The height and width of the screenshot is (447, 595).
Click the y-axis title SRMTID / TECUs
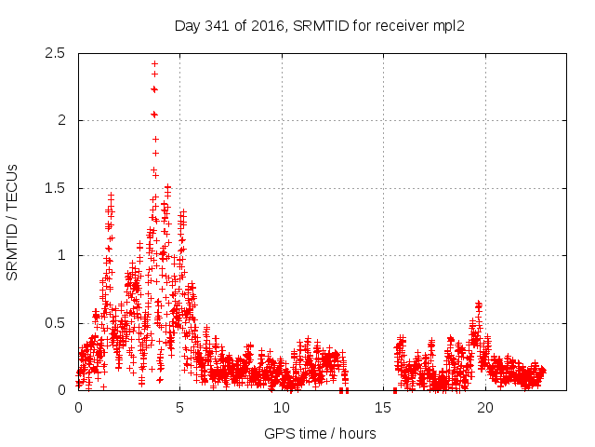click(x=12, y=222)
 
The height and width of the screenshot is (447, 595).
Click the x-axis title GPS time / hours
click(x=320, y=433)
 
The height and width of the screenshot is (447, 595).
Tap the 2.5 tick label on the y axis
click(x=56, y=53)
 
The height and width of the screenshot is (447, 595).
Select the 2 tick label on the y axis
click(x=61, y=120)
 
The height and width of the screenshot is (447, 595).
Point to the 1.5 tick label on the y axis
click(x=56, y=188)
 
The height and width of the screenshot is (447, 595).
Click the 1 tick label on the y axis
click(x=61, y=255)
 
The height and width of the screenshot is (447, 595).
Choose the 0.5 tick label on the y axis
click(x=56, y=323)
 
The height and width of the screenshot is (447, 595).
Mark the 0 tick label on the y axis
click(x=61, y=390)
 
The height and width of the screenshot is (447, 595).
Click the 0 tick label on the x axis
click(x=78, y=408)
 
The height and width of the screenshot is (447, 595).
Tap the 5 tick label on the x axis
click(x=180, y=408)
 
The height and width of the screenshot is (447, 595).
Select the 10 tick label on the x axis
click(x=282, y=408)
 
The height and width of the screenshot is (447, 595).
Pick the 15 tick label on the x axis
click(x=384, y=408)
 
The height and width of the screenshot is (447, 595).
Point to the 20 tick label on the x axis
click(x=485, y=408)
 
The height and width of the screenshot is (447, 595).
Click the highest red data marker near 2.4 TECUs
click(x=154, y=64)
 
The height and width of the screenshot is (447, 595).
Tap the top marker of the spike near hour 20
click(x=478, y=304)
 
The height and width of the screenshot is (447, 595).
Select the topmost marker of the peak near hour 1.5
click(x=111, y=196)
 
